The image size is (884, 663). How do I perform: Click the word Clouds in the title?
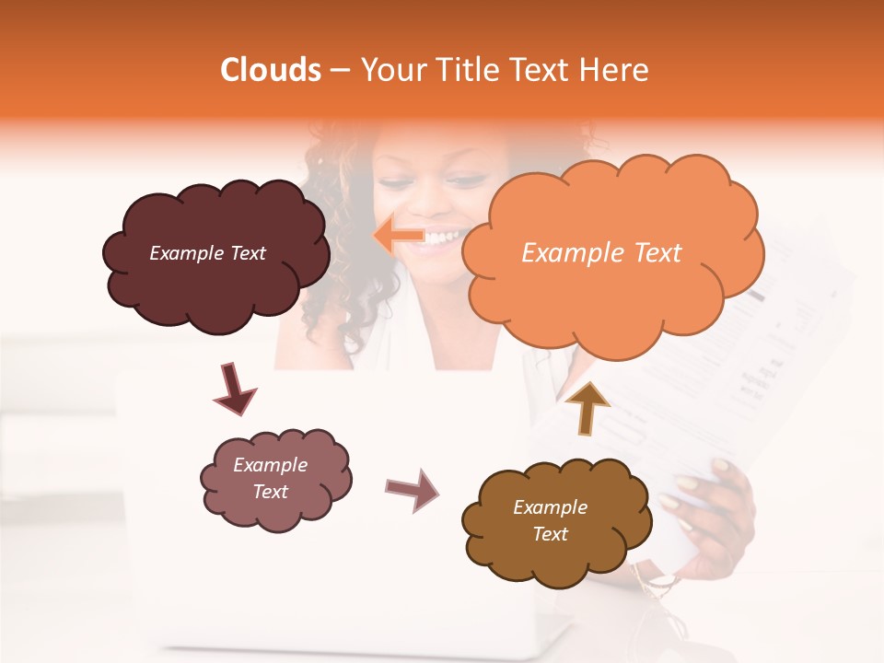[x=271, y=70]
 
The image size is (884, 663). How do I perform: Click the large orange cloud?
[x=612, y=295]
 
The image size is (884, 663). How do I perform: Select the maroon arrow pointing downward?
[x=234, y=389]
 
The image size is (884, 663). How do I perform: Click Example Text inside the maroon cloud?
[x=207, y=253]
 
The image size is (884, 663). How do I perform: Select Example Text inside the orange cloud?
[x=601, y=253]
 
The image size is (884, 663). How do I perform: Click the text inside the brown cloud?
[x=550, y=521]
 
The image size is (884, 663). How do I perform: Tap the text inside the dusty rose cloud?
[x=271, y=479]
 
